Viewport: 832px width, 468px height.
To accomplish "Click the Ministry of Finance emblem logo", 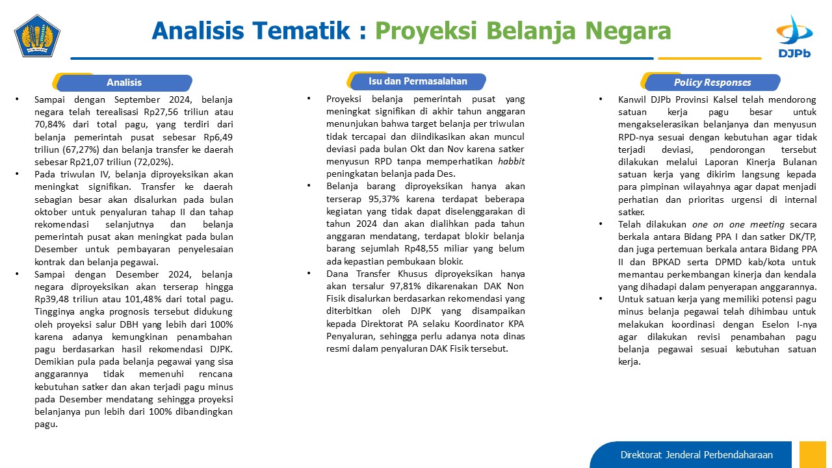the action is (x=37, y=36).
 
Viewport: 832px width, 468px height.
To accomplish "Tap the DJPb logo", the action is (x=794, y=36).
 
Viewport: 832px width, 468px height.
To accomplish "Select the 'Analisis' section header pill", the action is (x=124, y=83).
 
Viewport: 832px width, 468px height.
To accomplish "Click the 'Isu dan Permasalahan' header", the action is (x=418, y=81).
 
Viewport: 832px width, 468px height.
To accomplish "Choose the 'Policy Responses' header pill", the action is (x=712, y=83).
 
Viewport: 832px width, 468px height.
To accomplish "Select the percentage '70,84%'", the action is (x=50, y=124).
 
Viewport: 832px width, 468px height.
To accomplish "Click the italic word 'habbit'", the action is (x=511, y=162).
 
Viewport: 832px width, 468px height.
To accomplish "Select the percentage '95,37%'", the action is (x=384, y=199).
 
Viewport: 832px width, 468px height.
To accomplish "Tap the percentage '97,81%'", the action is (x=405, y=287).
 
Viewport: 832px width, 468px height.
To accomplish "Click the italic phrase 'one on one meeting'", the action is (x=738, y=225).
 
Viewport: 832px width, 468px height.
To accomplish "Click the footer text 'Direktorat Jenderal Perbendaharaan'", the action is (x=696, y=455).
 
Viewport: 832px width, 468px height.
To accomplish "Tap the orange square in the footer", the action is (x=812, y=454).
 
